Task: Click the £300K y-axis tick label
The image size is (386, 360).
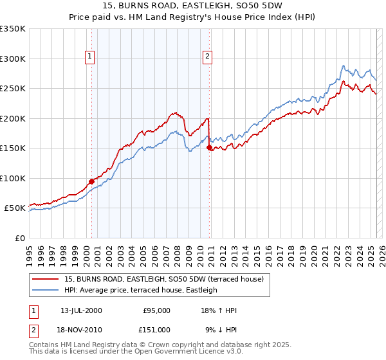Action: (13, 59)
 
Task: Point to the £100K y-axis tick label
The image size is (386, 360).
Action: (13, 178)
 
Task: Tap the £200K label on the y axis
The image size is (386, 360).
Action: (13, 118)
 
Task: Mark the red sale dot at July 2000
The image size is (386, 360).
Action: (91, 181)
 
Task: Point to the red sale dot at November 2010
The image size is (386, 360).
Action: (209, 148)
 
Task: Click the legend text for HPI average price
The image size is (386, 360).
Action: (141, 290)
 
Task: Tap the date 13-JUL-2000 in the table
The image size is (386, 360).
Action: (81, 310)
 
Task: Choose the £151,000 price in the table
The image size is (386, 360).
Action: (156, 330)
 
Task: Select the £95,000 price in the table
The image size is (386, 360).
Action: (156, 310)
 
